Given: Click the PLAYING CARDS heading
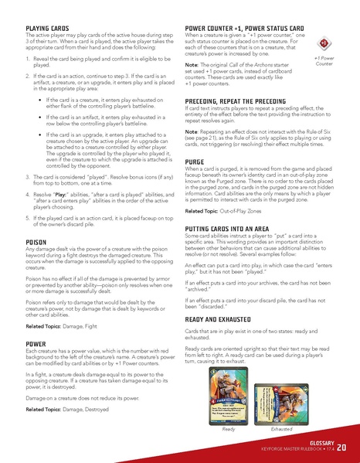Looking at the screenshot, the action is coord(48,28).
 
